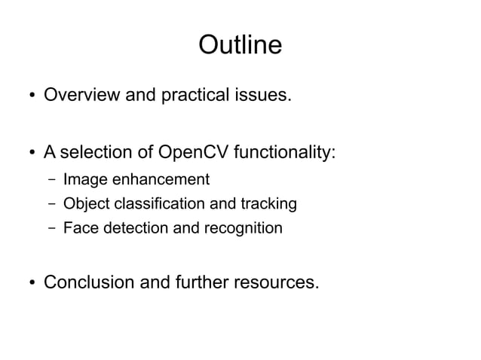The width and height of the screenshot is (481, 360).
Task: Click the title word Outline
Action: point(240,45)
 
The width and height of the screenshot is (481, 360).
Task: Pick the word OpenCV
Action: point(194,154)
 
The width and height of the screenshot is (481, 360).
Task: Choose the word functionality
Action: point(285,154)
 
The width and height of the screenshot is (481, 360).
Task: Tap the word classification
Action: point(167,203)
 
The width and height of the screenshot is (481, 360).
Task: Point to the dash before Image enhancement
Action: point(49,180)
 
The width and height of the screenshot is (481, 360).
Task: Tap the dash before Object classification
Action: point(49,203)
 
